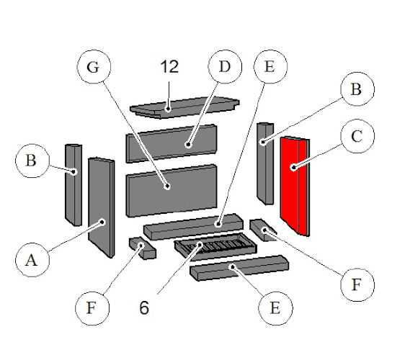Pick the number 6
pos(144,307)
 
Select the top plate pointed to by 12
pos(184,105)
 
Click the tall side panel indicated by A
pos(101,205)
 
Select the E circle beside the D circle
pos(270,70)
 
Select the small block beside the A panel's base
pos(141,248)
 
